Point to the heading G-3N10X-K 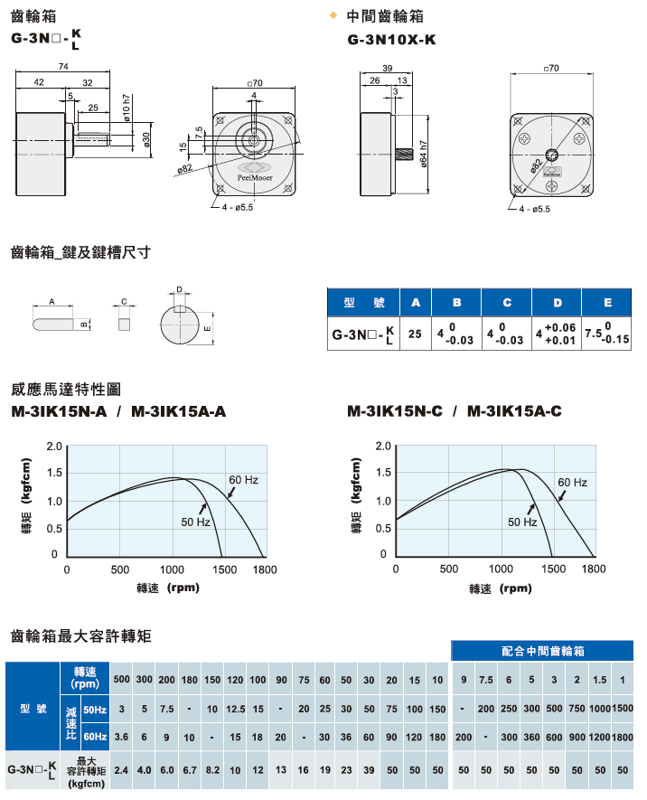(392, 39)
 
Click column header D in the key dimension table (557, 302)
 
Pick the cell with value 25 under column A (415, 334)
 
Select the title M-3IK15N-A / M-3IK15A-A (118, 411)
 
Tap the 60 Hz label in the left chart (243, 479)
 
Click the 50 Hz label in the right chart (522, 522)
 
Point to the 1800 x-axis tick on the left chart (265, 569)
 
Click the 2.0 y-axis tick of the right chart (384, 447)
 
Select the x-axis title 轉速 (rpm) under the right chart (500, 588)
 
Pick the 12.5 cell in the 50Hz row (237, 709)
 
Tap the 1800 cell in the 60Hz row (622, 737)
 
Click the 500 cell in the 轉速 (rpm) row (121, 680)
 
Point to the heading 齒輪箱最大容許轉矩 (80, 636)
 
